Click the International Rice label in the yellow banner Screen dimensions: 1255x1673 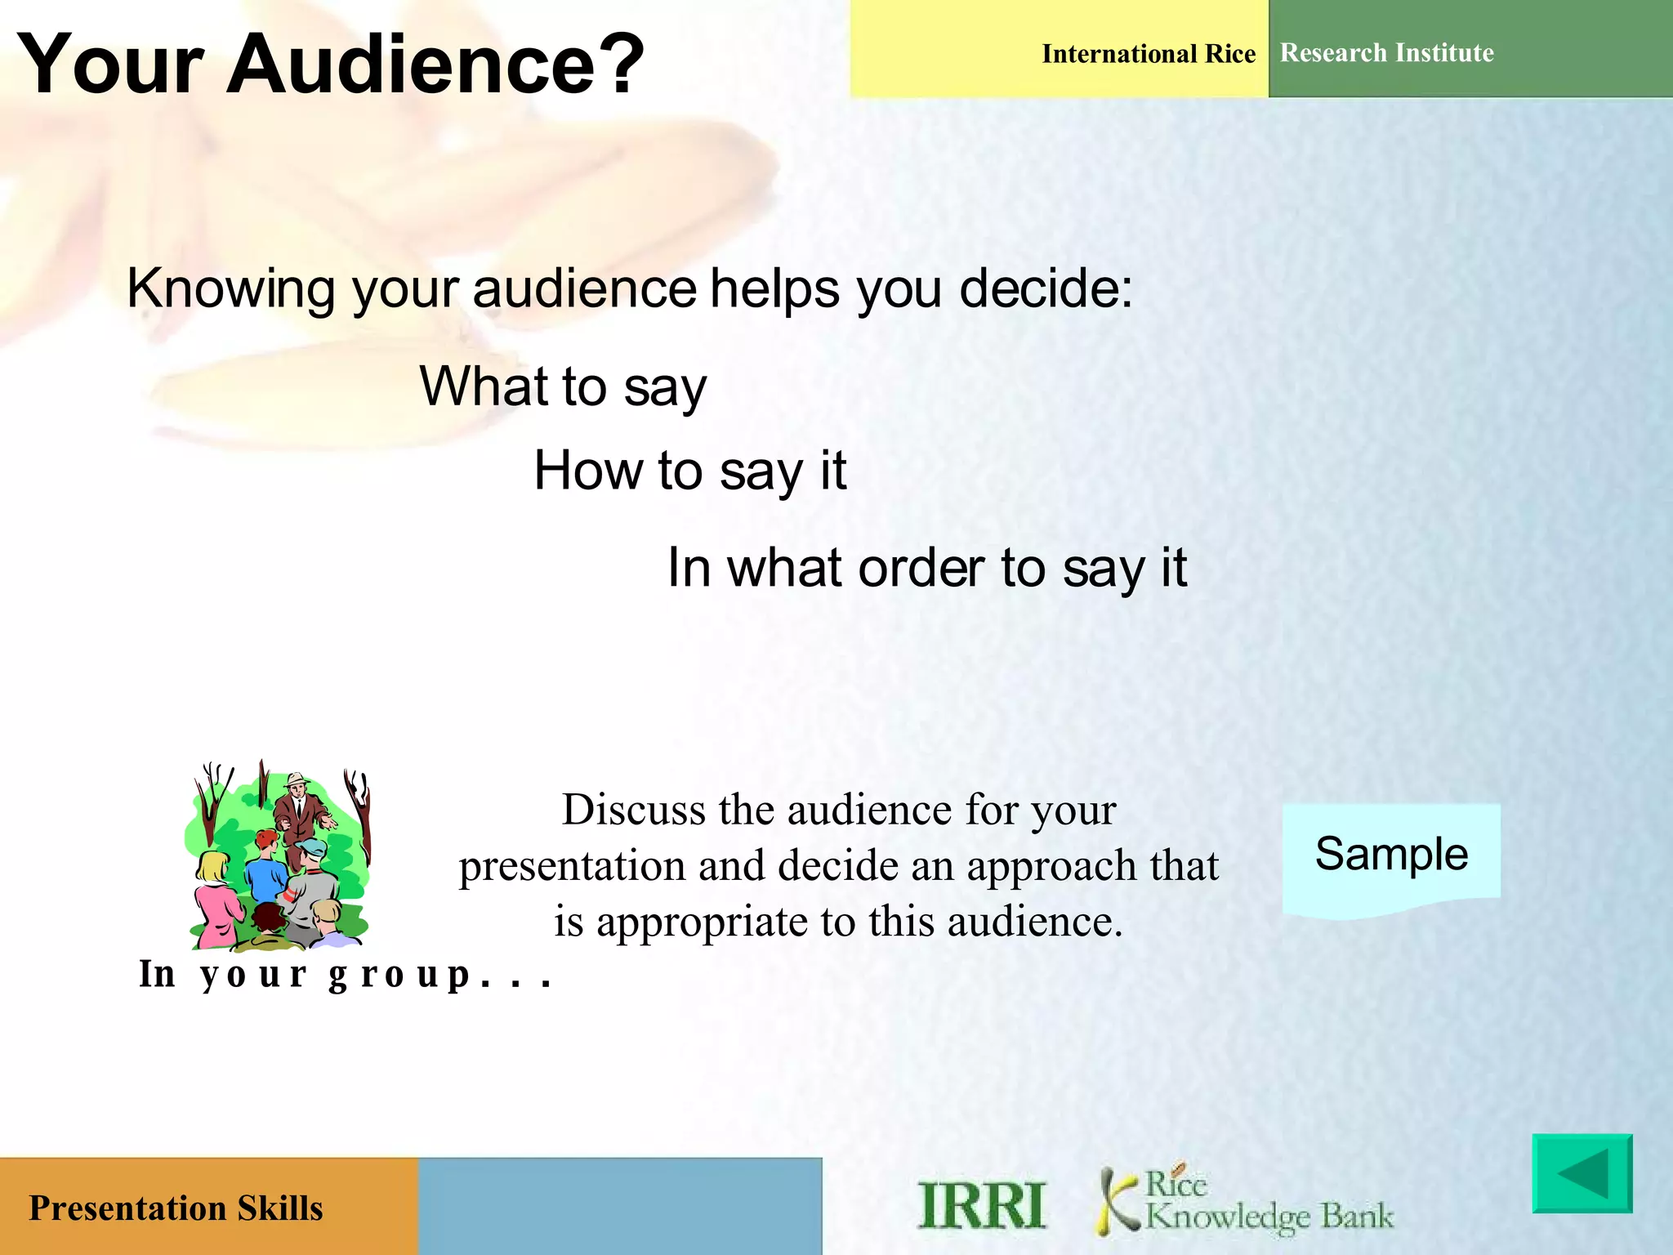(x=1148, y=54)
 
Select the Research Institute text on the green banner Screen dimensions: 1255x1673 (x=1386, y=53)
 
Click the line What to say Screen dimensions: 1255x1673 (x=563, y=386)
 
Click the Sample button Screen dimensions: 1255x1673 (x=1391, y=855)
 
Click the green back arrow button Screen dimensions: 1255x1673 (x=1582, y=1173)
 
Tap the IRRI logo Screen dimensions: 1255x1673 (x=982, y=1205)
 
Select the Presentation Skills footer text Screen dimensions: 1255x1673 (x=176, y=1208)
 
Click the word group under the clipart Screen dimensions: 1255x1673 (x=400, y=975)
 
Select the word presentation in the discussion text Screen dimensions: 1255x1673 (x=571, y=866)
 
